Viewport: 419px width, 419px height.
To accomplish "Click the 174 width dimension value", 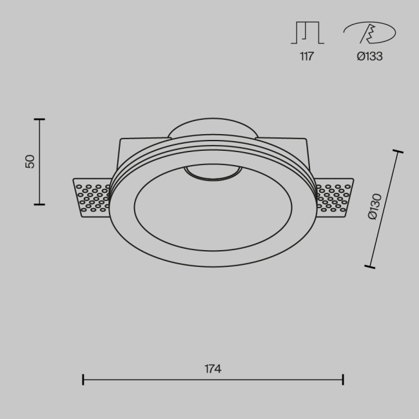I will tap(213, 369).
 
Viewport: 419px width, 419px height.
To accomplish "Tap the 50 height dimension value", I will tap(30, 161).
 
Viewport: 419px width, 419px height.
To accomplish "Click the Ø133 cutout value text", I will tap(369, 56).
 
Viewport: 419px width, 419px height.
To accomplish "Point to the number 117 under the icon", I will tap(306, 56).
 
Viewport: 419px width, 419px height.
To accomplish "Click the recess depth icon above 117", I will tap(307, 34).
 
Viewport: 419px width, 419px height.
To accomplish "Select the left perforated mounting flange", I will tap(92, 196).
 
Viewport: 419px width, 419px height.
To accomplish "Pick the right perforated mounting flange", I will tap(334, 196).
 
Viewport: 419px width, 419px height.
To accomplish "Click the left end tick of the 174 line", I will tap(83, 379).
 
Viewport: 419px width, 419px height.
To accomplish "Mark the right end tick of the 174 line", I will tap(342, 379).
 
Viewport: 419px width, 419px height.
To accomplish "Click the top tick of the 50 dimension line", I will tap(39, 119).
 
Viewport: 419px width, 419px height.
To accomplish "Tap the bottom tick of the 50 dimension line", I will tap(39, 204).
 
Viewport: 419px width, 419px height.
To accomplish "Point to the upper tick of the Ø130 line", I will tap(398, 152).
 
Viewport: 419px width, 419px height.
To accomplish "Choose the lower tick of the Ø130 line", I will tap(369, 265).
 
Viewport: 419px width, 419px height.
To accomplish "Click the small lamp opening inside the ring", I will tap(213, 172).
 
